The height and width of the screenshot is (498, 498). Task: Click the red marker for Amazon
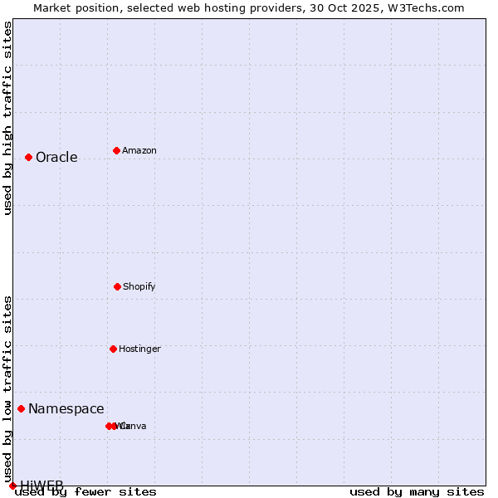(x=116, y=150)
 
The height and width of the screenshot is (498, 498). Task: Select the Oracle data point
(x=28, y=157)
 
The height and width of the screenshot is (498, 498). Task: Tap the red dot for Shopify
(x=117, y=286)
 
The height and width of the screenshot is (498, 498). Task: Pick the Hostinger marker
(x=113, y=349)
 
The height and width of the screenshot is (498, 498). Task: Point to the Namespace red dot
(x=21, y=408)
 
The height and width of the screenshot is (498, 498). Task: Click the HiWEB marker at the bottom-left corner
(x=12, y=486)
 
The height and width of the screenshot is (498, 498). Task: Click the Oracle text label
(x=56, y=158)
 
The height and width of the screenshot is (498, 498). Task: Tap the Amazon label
(x=139, y=151)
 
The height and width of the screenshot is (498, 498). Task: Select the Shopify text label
(x=139, y=287)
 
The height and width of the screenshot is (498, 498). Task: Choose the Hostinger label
(x=139, y=349)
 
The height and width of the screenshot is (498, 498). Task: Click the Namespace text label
(x=66, y=409)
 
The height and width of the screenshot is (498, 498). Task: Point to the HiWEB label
(x=41, y=486)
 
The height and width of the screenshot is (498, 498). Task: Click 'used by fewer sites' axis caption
(x=85, y=492)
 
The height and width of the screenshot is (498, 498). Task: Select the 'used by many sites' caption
(x=417, y=492)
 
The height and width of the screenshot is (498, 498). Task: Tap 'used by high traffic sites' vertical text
(x=7, y=118)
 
